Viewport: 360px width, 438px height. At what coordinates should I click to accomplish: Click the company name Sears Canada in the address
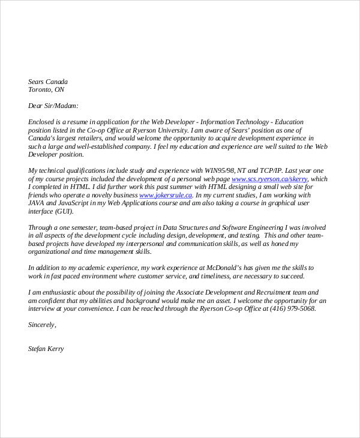pyautogui.click(x=48, y=82)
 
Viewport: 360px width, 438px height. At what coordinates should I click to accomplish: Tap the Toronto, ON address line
pyautogui.click(x=46, y=90)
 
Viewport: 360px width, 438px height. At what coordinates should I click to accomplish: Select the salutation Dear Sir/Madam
pyautogui.click(x=53, y=106)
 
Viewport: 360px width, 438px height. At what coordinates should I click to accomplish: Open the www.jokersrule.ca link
pyautogui.click(x=166, y=195)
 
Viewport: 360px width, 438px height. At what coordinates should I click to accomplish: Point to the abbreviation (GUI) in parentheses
pyautogui.click(x=64, y=211)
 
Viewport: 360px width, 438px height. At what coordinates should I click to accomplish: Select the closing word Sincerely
pyautogui.click(x=42, y=325)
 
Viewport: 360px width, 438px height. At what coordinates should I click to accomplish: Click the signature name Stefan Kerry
pyautogui.click(x=46, y=349)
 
